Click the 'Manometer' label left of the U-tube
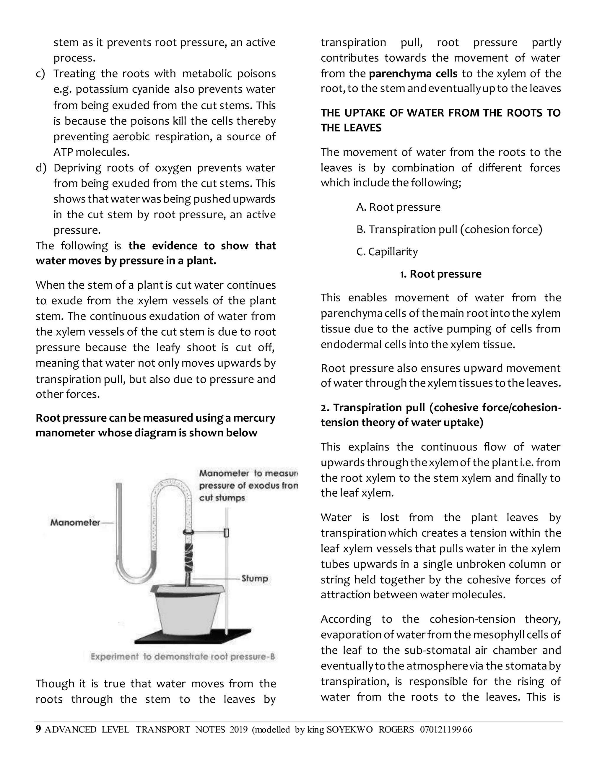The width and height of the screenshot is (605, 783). [75, 522]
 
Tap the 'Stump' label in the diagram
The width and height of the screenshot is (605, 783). [254, 578]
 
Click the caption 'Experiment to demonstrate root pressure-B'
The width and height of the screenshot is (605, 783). [183, 657]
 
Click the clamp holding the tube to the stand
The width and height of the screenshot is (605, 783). [226, 533]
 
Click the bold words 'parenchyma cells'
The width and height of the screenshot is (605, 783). [413, 74]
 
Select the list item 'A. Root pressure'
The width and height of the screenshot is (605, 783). [398, 207]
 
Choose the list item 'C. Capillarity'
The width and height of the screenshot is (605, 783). [387, 252]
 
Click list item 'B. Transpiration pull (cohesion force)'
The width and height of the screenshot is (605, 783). [449, 230]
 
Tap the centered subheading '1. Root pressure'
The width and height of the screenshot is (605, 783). [440, 274]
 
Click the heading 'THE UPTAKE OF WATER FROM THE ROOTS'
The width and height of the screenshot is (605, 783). [440, 113]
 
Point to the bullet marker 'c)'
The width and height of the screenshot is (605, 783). [40, 74]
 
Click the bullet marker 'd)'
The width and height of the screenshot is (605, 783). [41, 168]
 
